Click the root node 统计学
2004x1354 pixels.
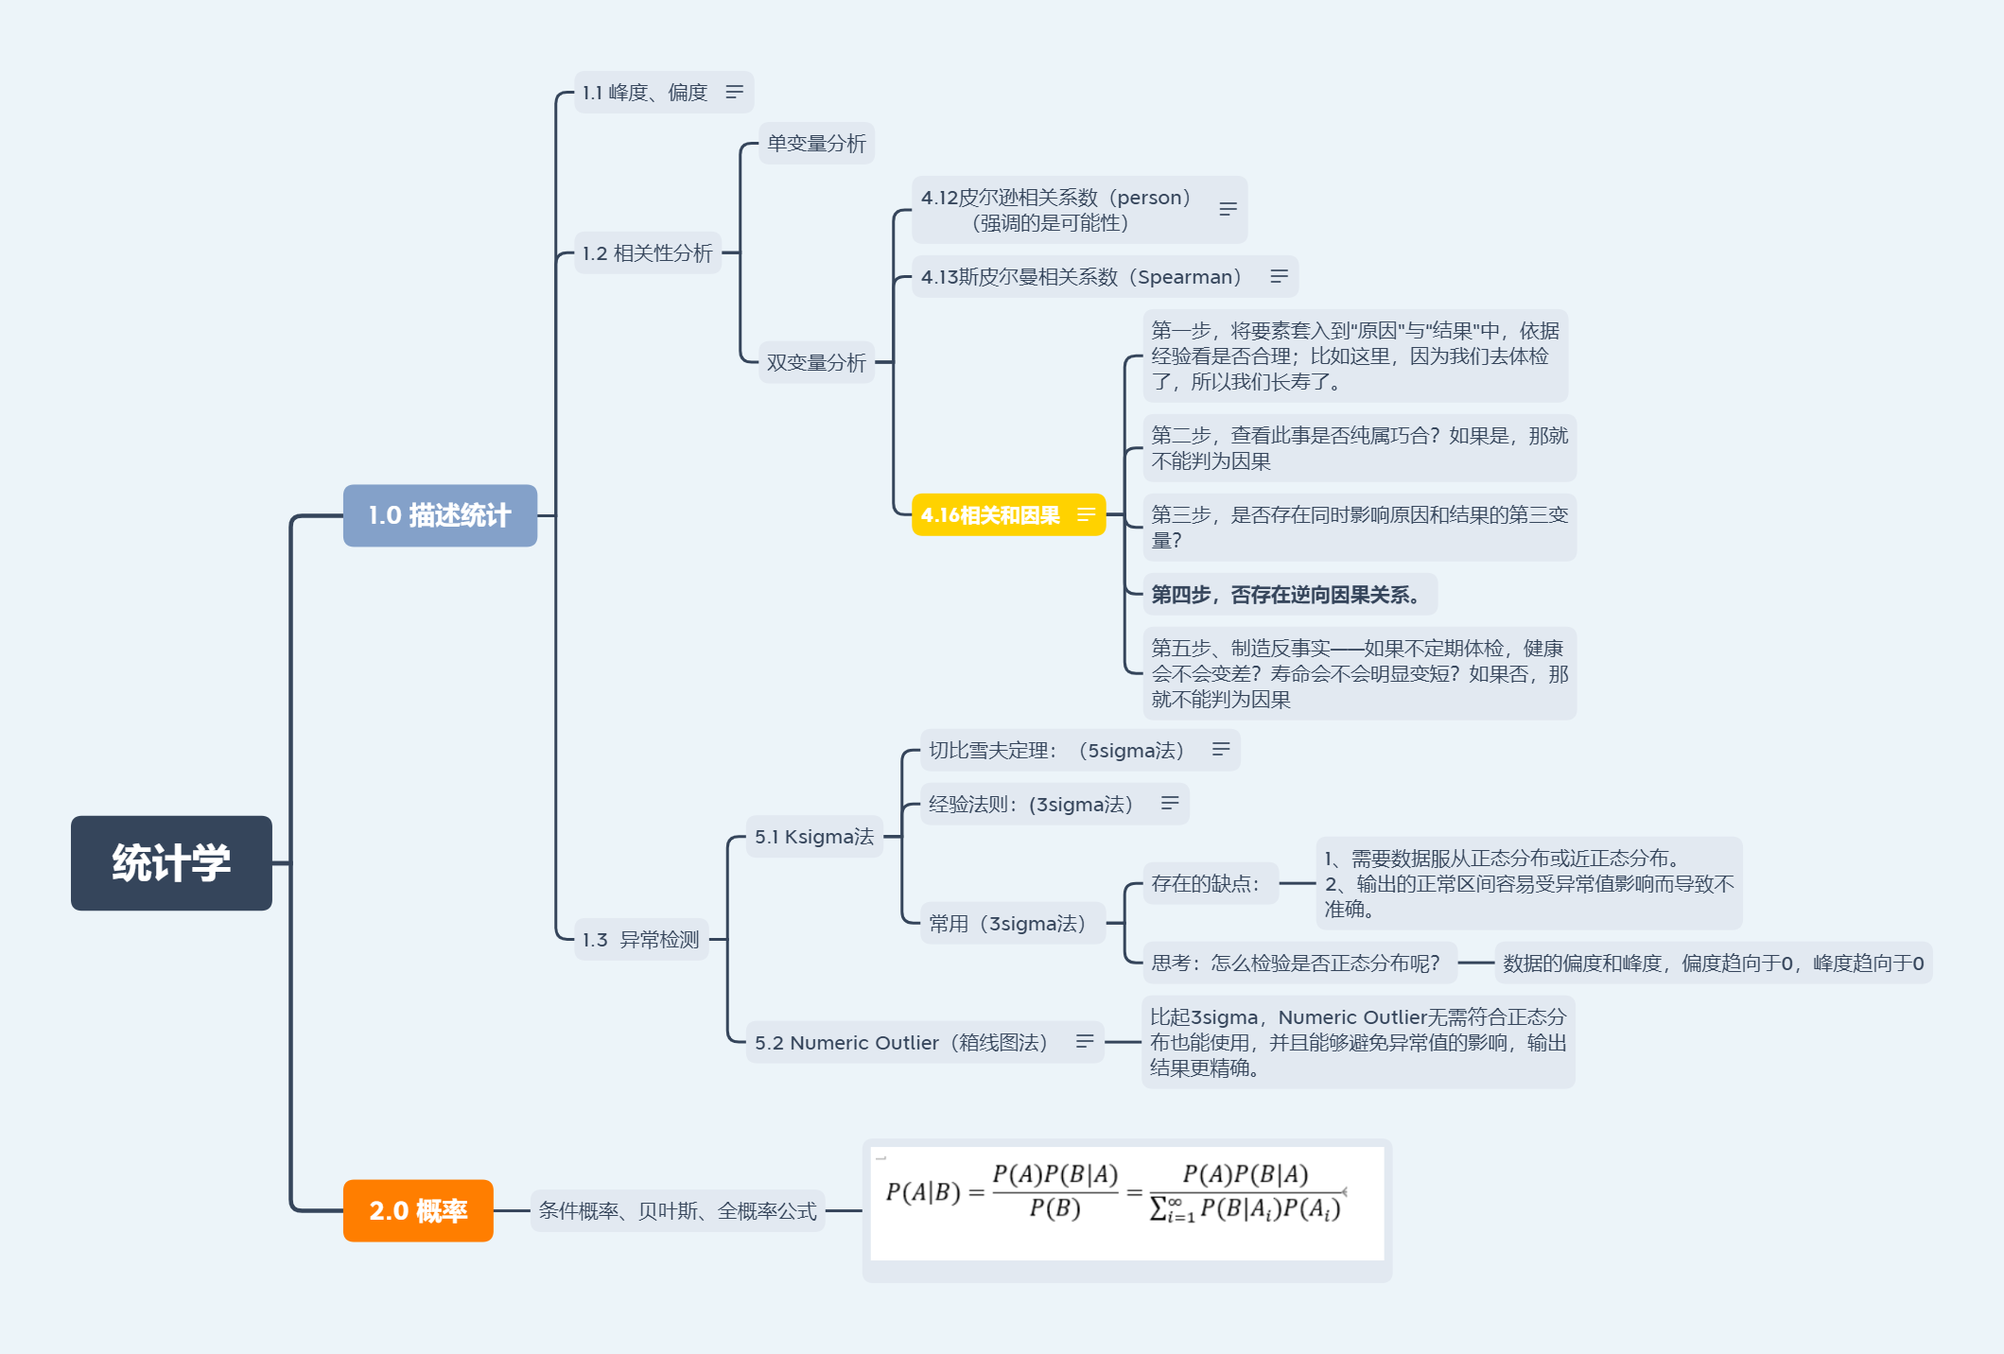171,863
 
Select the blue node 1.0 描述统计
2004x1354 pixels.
440,515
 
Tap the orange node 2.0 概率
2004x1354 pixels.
418,1210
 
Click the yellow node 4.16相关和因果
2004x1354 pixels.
991,515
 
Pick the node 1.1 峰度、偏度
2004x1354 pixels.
645,93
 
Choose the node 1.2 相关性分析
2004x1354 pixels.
648,253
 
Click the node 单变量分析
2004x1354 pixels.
816,144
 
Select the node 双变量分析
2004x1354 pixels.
816,362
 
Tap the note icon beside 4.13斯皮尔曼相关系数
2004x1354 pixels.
1279,276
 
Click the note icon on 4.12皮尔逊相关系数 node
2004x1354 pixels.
1228,209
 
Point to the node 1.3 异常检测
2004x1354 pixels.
641,940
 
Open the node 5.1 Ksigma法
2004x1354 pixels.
814,837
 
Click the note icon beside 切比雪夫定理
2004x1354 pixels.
1221,749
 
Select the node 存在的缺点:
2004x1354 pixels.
1206,884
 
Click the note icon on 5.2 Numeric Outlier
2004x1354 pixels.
1085,1041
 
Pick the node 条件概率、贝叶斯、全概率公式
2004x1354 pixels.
677,1211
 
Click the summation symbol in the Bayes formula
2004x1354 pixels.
1159,1209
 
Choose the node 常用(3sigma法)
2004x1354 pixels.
1007,924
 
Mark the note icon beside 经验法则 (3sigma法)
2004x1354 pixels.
1170,803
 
